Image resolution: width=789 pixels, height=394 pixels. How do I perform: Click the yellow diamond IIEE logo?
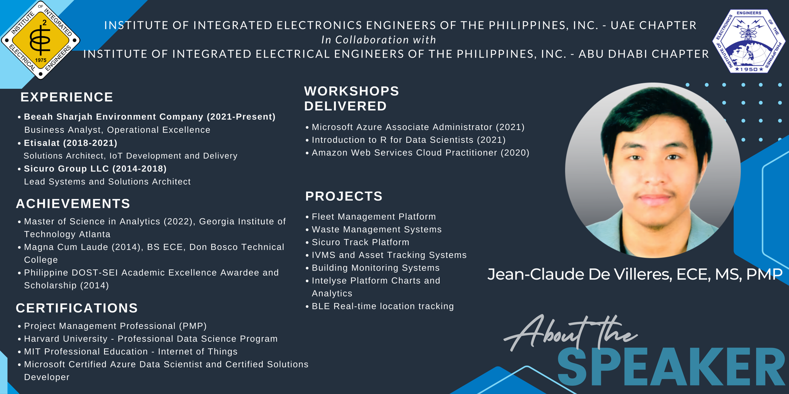point(40,40)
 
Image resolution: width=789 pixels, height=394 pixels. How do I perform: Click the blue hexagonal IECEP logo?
point(749,41)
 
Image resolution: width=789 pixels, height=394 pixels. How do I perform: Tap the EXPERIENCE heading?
point(67,97)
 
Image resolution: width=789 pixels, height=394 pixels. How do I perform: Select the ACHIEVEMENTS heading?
point(73,204)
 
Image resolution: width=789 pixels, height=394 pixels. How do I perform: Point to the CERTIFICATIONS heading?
point(77,308)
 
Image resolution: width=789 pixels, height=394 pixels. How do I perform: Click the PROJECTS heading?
point(344,196)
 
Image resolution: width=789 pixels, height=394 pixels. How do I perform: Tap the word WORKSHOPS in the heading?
point(351,91)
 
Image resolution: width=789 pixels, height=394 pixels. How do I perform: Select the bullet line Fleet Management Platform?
point(374,217)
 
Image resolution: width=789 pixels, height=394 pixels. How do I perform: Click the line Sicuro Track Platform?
point(361,242)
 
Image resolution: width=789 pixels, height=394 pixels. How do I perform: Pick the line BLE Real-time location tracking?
point(383,306)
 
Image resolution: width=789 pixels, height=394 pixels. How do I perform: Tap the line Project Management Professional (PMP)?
point(115,326)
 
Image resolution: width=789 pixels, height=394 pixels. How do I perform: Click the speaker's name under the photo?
point(635,274)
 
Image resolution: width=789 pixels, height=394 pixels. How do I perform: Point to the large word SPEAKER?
point(671,367)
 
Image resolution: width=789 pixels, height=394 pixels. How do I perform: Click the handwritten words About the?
point(571,332)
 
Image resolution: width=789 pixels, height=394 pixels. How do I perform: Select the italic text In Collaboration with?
point(379,40)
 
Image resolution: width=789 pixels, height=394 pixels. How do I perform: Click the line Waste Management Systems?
point(377,229)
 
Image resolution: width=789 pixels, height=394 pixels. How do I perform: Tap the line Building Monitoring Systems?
point(376,268)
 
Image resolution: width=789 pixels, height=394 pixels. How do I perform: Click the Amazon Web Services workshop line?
point(421,153)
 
